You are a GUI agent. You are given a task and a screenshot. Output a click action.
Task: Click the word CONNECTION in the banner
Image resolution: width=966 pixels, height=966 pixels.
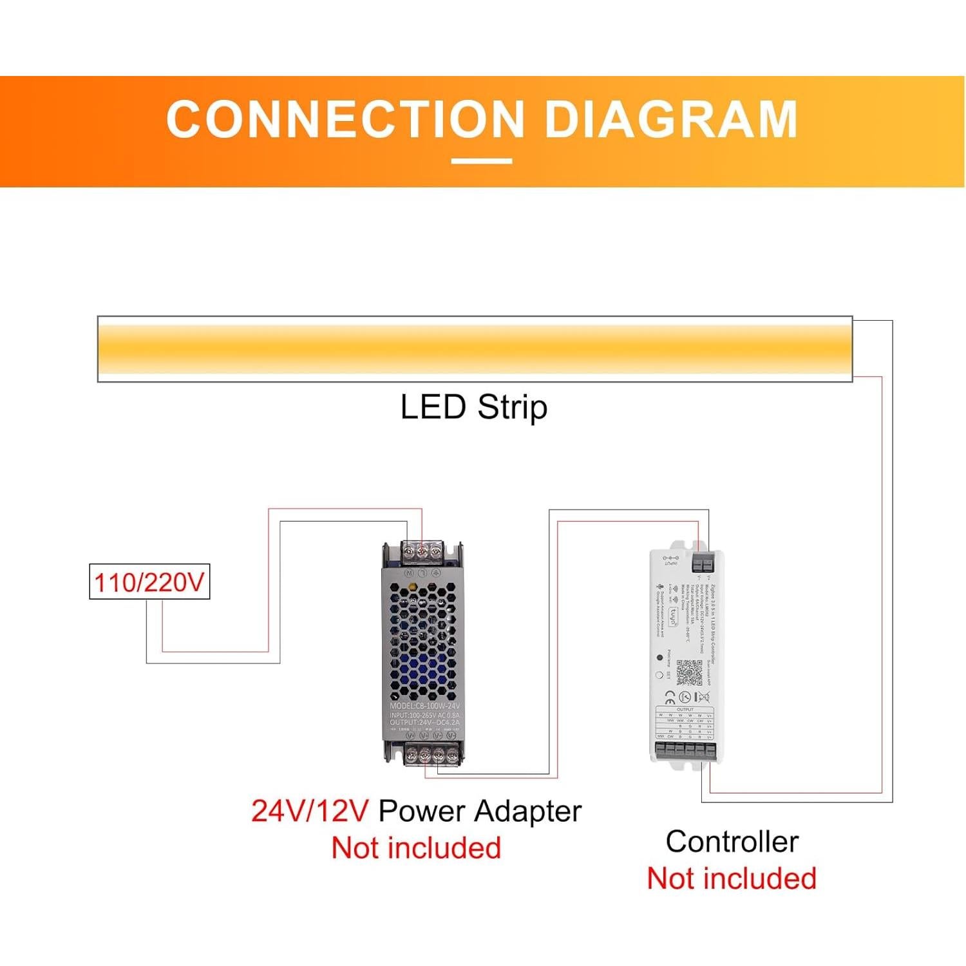pos(345,119)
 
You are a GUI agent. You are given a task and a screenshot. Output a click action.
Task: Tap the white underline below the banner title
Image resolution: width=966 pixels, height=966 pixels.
pos(481,161)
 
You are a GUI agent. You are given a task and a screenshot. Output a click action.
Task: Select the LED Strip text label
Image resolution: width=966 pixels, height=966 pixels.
pos(473,408)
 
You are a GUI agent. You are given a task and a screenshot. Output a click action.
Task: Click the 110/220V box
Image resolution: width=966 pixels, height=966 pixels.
pos(149,582)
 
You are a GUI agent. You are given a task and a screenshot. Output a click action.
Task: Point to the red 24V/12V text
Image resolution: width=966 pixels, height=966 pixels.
pos(309,811)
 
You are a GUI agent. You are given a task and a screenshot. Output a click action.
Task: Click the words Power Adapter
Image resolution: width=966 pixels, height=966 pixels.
pos(480,811)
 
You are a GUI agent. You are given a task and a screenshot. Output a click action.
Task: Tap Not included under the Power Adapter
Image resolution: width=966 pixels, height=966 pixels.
pos(416,848)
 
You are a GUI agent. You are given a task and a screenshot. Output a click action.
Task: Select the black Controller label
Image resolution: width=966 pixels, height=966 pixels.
pos(732,842)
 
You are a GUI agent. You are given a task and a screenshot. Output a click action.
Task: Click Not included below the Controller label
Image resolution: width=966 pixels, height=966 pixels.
pos(732,878)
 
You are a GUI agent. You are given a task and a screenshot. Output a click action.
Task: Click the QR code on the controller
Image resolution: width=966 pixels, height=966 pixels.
pos(689,672)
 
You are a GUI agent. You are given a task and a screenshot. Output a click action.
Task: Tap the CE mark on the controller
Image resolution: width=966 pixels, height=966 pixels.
pos(670,697)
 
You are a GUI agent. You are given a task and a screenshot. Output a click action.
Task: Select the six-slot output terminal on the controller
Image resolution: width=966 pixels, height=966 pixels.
pos(686,750)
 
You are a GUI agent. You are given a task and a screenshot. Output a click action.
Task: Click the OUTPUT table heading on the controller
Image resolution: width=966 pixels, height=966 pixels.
pos(685,710)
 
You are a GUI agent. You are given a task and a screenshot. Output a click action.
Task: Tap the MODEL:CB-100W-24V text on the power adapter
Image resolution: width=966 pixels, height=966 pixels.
pos(424,706)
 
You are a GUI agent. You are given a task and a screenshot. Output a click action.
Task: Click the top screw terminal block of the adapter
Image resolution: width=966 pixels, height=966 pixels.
pos(422,552)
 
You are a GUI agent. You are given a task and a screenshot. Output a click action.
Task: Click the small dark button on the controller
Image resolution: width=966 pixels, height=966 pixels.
pos(659,658)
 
